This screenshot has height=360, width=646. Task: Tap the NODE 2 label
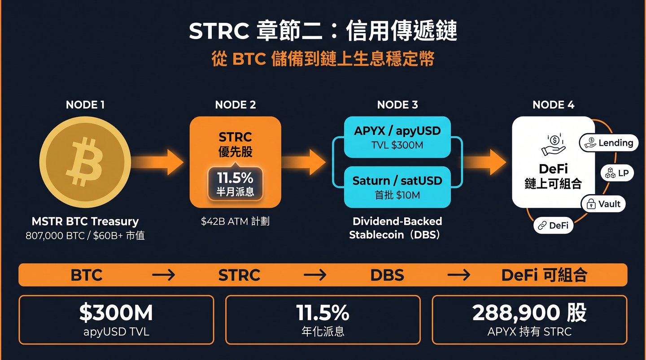pyautogui.click(x=236, y=105)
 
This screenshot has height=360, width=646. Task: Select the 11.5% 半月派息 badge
pyautogui.click(x=235, y=184)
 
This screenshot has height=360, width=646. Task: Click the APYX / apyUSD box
pyautogui.click(x=397, y=137)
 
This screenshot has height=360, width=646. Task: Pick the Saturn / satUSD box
pyautogui.click(x=397, y=186)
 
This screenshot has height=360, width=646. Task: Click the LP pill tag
pyautogui.click(x=617, y=173)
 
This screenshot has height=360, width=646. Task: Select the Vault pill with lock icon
pyautogui.click(x=603, y=204)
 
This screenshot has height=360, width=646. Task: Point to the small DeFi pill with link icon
pyautogui.click(x=554, y=226)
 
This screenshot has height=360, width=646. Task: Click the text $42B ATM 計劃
pyautogui.click(x=235, y=221)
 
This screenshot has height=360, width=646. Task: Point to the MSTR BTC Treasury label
pyautogui.click(x=85, y=221)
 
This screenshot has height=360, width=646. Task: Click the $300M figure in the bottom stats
pyautogui.click(x=116, y=313)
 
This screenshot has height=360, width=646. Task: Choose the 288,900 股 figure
pyautogui.click(x=529, y=313)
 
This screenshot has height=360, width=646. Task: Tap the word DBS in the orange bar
pyautogui.click(x=387, y=275)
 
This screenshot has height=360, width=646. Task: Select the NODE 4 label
pyautogui.click(x=553, y=105)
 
